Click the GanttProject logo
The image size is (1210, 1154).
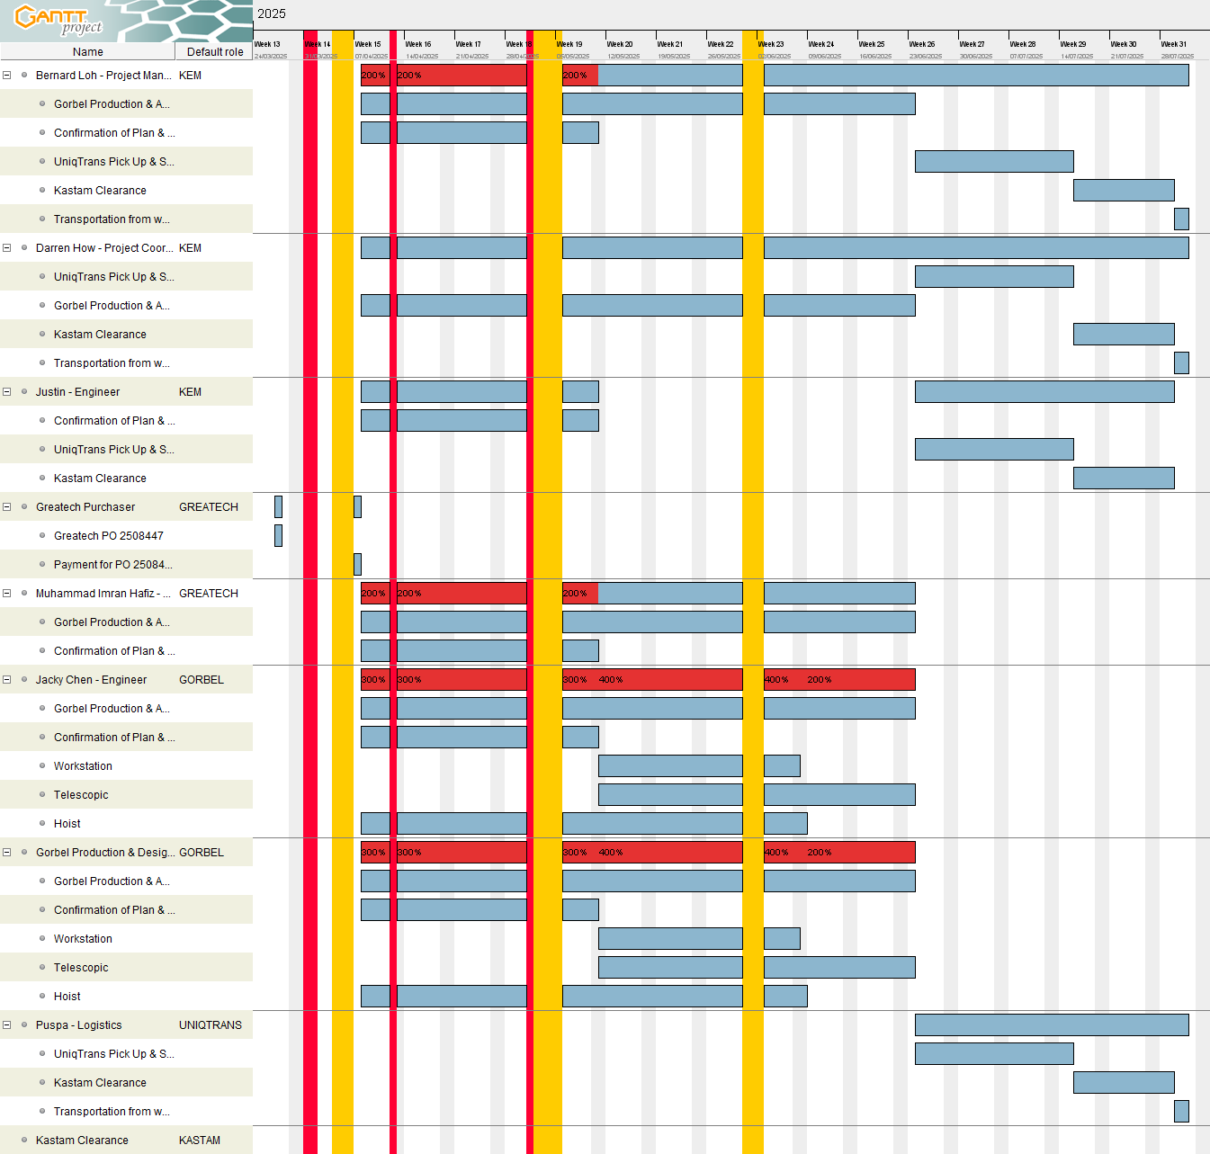coord(58,20)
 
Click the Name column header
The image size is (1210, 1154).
coord(87,52)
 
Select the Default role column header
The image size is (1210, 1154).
coord(215,52)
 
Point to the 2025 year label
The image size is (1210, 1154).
coord(271,13)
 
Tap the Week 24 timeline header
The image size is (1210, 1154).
coord(820,44)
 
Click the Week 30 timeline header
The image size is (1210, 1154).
coord(1123,44)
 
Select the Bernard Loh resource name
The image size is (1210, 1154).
coord(103,76)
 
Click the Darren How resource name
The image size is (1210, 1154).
coord(103,248)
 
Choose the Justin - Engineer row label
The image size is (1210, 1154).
coord(77,392)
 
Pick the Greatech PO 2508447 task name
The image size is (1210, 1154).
coord(108,536)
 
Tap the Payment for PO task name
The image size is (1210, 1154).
coord(112,565)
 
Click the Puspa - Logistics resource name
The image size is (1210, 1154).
coord(78,1025)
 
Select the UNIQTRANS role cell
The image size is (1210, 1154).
coord(210,1025)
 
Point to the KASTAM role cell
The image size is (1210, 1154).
coord(199,1141)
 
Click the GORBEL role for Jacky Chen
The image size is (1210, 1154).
coord(201,680)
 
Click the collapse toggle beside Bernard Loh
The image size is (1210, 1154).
coord(7,76)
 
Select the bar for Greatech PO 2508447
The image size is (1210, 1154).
coord(278,536)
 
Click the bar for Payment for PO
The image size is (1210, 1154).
coord(357,565)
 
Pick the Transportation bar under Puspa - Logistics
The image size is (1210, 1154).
coord(1181,1112)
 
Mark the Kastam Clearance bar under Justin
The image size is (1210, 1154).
coord(1123,479)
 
